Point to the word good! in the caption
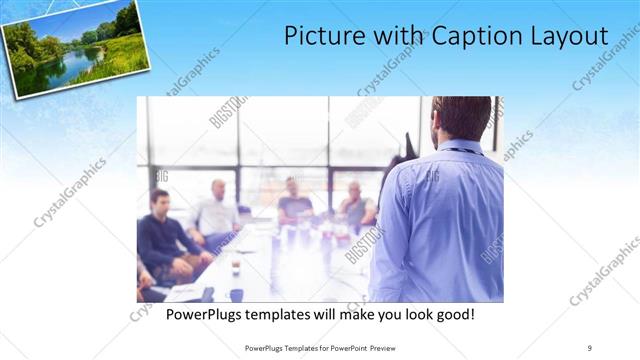[x=452, y=314]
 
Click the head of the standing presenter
[x=463, y=118]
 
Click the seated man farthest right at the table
[x=356, y=206]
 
